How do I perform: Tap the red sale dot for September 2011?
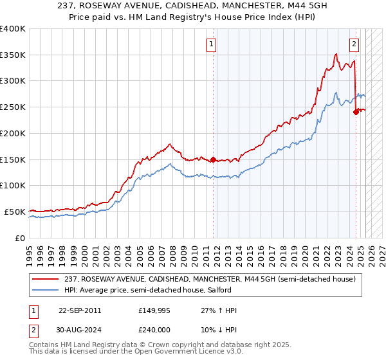coord(213,159)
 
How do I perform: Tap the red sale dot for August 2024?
coord(355,112)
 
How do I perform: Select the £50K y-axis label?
coord(15,212)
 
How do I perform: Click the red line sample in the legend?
coord(46,278)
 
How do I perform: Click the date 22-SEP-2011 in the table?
coord(79,310)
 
